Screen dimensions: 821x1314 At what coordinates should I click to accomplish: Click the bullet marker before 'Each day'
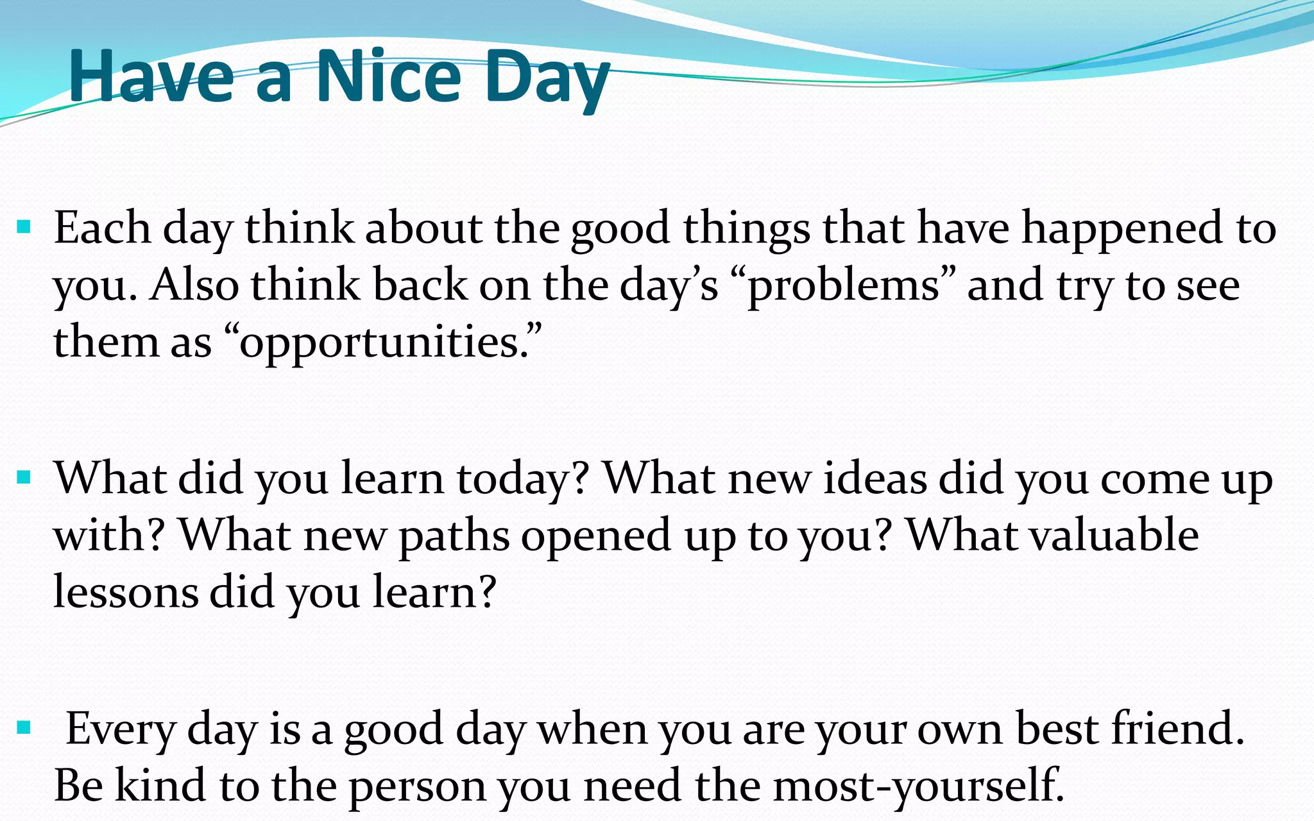[x=24, y=226]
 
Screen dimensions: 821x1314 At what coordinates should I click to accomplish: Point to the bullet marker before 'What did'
[x=24, y=477]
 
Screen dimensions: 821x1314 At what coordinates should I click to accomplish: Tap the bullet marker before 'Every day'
[x=24, y=727]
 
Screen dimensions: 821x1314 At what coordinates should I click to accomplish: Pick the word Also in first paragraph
[x=194, y=285]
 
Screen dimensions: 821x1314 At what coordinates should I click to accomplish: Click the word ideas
[x=875, y=478]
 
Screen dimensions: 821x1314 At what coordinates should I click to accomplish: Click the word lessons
[x=126, y=591]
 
